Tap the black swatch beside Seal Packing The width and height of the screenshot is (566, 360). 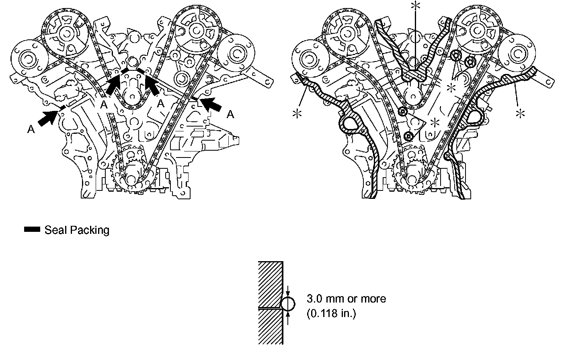point(32,230)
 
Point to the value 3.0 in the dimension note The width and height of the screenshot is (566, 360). point(314,299)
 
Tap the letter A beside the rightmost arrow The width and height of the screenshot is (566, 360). point(230,115)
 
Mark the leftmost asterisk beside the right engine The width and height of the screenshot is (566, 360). point(298,114)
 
